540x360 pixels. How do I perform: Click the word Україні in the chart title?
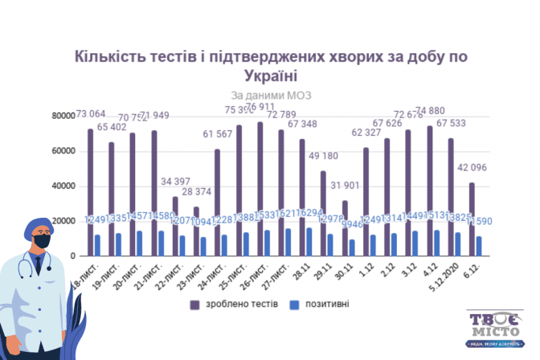(270, 76)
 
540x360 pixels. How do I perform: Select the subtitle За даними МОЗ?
(270, 95)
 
